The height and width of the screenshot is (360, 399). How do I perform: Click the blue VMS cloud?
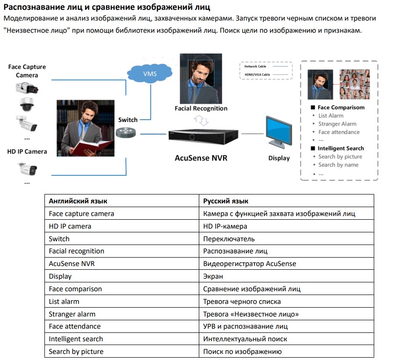(x=149, y=74)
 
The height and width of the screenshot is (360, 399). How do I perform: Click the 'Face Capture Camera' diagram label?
(x=27, y=71)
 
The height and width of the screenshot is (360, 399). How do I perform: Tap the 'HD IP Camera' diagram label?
(x=27, y=151)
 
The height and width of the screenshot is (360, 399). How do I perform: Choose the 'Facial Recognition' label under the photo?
(x=201, y=108)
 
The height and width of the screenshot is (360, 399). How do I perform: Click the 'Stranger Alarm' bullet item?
(x=337, y=124)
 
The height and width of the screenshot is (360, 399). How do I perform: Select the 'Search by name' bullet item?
(x=338, y=165)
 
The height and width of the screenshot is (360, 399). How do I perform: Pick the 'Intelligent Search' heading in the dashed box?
(x=341, y=148)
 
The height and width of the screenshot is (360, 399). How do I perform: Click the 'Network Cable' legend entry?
(x=255, y=67)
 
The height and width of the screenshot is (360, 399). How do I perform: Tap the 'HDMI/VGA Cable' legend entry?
(x=257, y=74)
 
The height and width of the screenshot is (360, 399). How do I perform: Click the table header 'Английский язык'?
(x=78, y=201)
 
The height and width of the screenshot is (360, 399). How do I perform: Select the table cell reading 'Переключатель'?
(x=229, y=238)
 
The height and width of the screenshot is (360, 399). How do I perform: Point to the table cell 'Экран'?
(x=213, y=276)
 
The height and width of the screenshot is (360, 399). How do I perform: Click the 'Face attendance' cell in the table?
(x=75, y=326)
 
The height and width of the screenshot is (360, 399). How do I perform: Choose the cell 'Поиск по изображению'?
(x=242, y=351)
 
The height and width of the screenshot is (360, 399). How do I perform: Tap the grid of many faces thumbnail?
(x=354, y=84)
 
